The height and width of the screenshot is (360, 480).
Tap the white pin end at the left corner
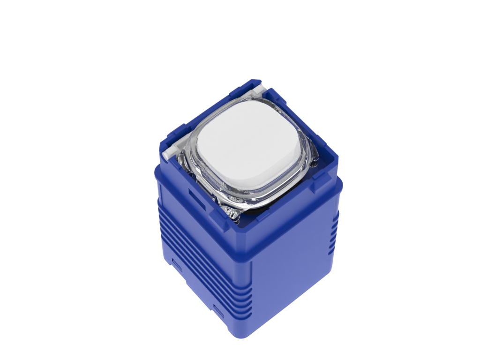click(168, 153)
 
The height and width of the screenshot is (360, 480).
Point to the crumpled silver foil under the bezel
click(233, 213)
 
